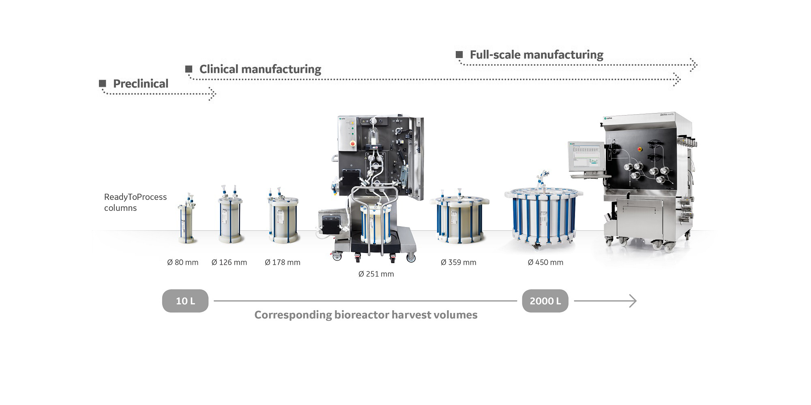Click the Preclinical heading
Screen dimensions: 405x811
140,84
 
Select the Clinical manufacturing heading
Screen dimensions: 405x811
260,69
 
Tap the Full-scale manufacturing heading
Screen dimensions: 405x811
536,55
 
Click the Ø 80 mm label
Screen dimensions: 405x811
182,262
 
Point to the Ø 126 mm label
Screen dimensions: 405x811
229,262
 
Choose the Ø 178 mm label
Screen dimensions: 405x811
283,262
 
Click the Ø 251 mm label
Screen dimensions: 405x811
376,274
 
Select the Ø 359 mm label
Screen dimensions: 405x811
458,262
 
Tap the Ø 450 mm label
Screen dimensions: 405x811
545,262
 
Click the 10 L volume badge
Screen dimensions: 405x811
185,301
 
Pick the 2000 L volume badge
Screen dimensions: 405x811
545,301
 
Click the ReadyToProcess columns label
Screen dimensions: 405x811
135,202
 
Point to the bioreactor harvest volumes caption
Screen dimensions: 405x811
366,315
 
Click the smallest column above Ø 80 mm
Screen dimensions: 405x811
186,223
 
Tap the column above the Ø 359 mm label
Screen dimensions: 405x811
460,221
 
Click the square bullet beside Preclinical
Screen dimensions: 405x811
103,84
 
